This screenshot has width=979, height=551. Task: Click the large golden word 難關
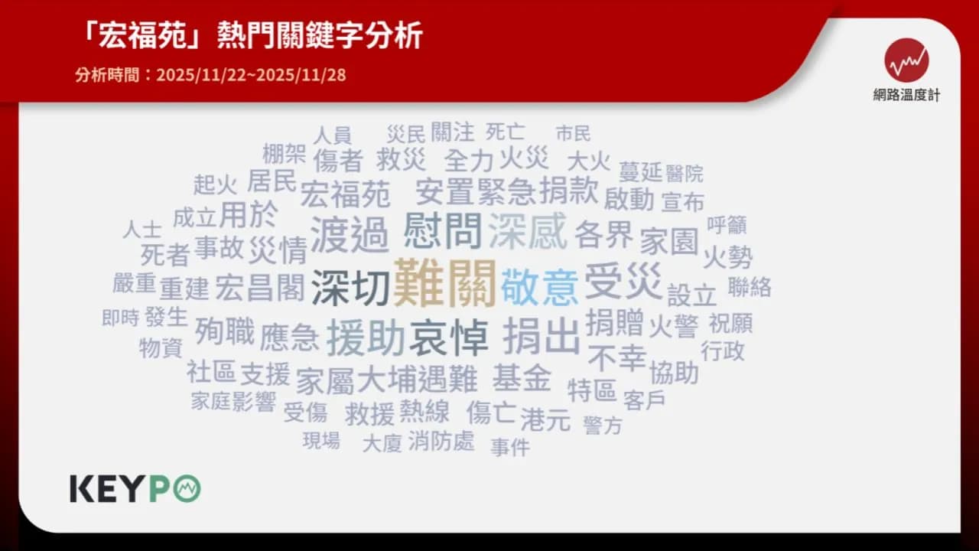pos(445,284)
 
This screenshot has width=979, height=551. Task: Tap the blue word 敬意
pos(540,287)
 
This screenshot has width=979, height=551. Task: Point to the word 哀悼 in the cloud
pos(448,337)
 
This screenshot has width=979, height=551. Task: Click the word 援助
pos(366,337)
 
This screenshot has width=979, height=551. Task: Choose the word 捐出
pos(542,335)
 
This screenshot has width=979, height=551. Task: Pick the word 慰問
pos(443,230)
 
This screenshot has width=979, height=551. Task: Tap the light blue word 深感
pos(528,230)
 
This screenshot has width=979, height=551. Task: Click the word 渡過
pos(350,234)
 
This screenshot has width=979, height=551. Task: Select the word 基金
pos(522,377)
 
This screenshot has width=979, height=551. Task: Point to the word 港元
pos(545,419)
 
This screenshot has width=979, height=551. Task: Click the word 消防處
pos(441,441)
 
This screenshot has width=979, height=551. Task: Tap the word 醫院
pos(685,173)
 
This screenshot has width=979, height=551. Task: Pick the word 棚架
pos(284,154)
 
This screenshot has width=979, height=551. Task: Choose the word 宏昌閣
pos(259,287)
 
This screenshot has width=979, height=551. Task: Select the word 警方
pos(603,425)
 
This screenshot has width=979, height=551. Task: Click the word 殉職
pos(224,331)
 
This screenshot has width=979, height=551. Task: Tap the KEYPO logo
pos(135,488)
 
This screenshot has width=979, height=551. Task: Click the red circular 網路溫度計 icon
pos(906,60)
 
